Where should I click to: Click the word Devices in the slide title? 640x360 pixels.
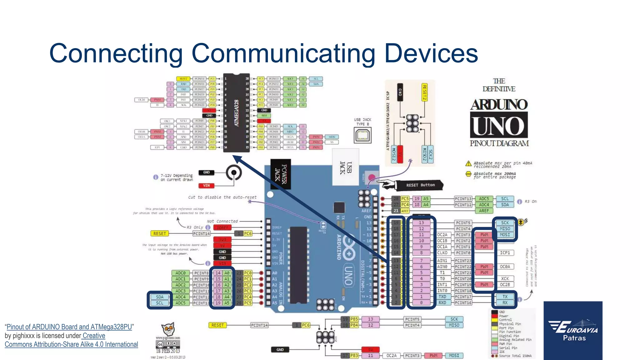point(431,53)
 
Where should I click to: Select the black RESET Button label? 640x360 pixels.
point(420,185)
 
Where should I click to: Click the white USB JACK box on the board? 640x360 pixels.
point(345,167)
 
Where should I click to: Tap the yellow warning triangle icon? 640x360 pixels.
point(468,164)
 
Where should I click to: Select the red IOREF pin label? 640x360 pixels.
point(222,227)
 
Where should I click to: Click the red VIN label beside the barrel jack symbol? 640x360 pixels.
point(206,186)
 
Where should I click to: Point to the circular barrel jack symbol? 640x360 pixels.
point(233,172)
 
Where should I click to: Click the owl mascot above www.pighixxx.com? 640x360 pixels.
point(168,329)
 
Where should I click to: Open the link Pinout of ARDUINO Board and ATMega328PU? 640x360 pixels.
point(69,327)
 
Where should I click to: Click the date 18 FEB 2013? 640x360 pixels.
point(167,351)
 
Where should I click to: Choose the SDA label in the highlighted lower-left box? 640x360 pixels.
point(160,297)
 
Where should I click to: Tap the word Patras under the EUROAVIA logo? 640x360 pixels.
point(574,338)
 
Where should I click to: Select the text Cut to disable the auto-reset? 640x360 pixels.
point(222,197)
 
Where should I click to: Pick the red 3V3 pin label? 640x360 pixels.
point(222,240)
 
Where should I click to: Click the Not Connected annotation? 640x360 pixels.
point(222,221)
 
